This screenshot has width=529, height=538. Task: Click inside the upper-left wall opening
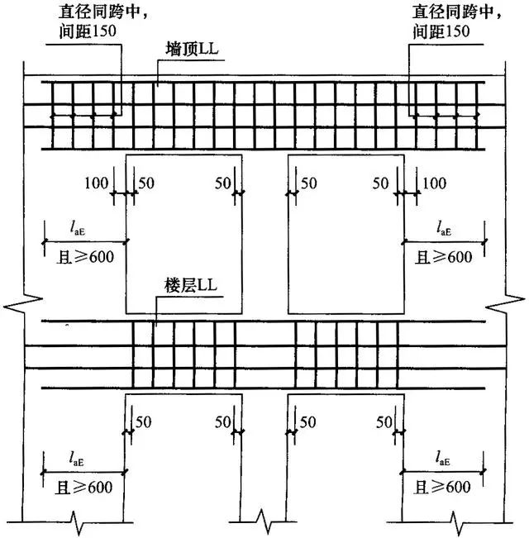(183, 231)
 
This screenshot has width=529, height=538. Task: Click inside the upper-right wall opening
(345, 231)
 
